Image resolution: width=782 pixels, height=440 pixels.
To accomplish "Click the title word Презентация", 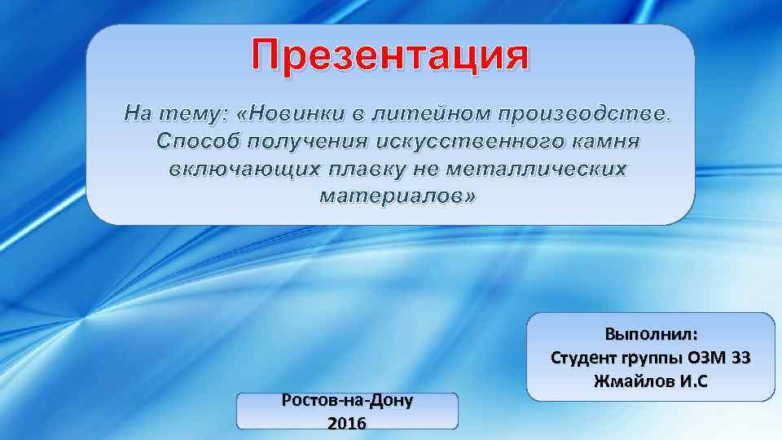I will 390,56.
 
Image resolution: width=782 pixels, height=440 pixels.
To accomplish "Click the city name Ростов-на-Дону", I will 347,401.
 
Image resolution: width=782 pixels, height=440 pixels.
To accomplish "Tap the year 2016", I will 346,423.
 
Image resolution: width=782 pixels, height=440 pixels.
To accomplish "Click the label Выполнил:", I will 651,334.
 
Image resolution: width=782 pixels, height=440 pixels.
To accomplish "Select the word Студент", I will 583,358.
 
